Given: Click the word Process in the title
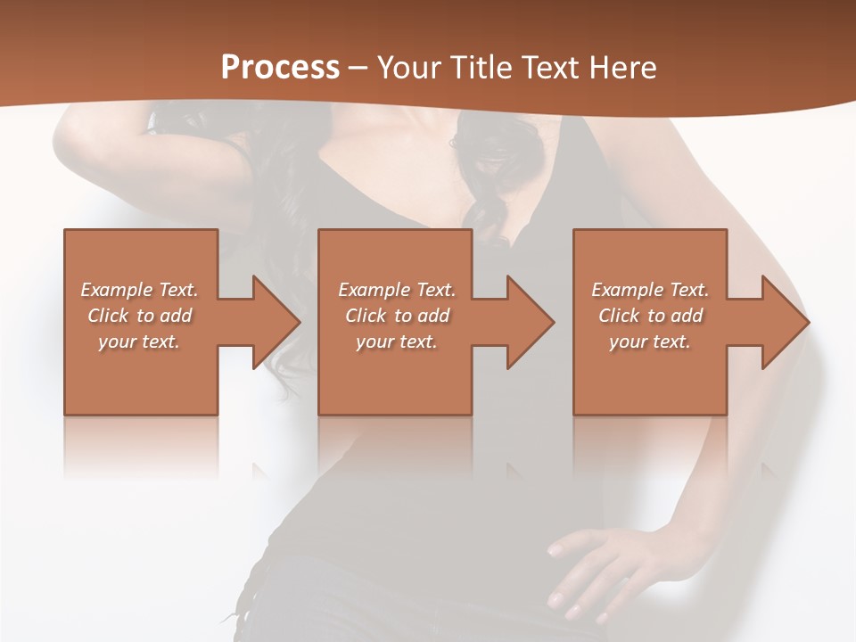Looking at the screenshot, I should [280, 67].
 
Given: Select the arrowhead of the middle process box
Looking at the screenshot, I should [529, 322].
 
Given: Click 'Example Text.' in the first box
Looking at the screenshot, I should [139, 290].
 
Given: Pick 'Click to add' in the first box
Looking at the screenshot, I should [139, 316].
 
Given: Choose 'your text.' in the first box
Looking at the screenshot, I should [139, 342].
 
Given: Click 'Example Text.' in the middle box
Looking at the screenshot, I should [396, 290].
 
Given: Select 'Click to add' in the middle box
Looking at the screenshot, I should [396, 316].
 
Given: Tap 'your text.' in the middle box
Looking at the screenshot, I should [396, 342].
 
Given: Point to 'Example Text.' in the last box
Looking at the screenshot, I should [650, 290].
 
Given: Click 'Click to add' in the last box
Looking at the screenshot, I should [650, 316].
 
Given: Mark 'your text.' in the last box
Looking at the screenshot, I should [650, 342].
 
